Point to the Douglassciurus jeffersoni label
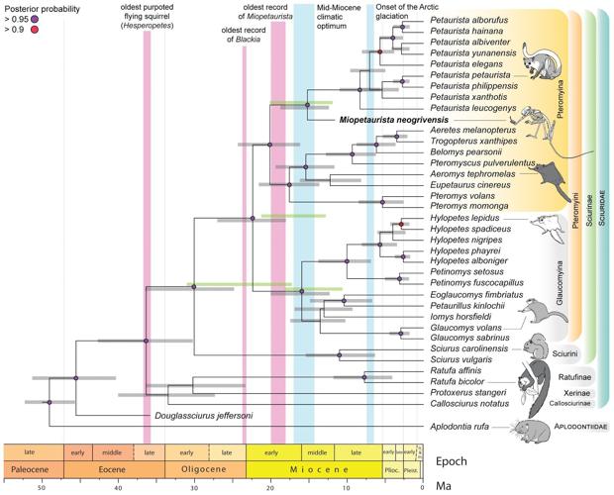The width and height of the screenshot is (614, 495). click(200, 416)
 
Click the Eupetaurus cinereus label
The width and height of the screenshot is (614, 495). click(462, 185)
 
